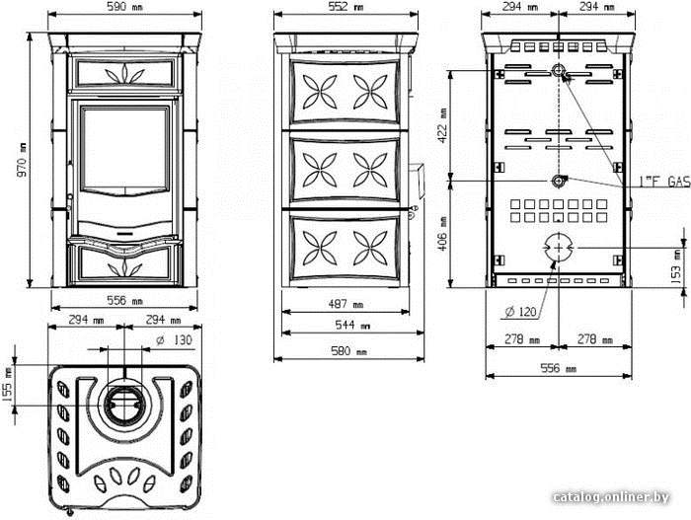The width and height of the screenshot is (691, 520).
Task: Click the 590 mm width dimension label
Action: (x=124, y=7)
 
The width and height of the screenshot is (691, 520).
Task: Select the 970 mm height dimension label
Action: (x=22, y=160)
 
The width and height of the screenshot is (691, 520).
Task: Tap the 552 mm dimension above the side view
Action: (x=345, y=7)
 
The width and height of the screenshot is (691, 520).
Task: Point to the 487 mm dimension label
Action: (x=345, y=304)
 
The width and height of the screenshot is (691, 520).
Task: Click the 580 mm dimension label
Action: (x=348, y=351)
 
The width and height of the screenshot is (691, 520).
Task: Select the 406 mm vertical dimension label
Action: (x=442, y=234)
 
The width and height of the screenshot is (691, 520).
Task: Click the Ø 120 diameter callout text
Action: (x=520, y=312)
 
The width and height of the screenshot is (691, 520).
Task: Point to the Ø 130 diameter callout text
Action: (x=175, y=340)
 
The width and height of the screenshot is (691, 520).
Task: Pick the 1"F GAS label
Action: (x=664, y=182)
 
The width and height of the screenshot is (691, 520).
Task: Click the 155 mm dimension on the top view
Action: (x=8, y=385)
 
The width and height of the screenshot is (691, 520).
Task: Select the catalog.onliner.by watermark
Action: (x=611, y=497)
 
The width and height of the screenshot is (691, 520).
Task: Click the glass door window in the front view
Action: (x=124, y=149)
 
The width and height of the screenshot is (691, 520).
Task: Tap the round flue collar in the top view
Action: (x=124, y=404)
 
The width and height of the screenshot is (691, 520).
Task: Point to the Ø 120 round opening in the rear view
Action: (x=559, y=248)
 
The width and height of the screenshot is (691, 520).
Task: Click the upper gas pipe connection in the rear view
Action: (x=559, y=70)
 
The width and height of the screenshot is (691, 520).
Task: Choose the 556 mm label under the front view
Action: (x=124, y=301)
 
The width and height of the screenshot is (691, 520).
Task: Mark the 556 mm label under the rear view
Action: (x=559, y=368)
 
